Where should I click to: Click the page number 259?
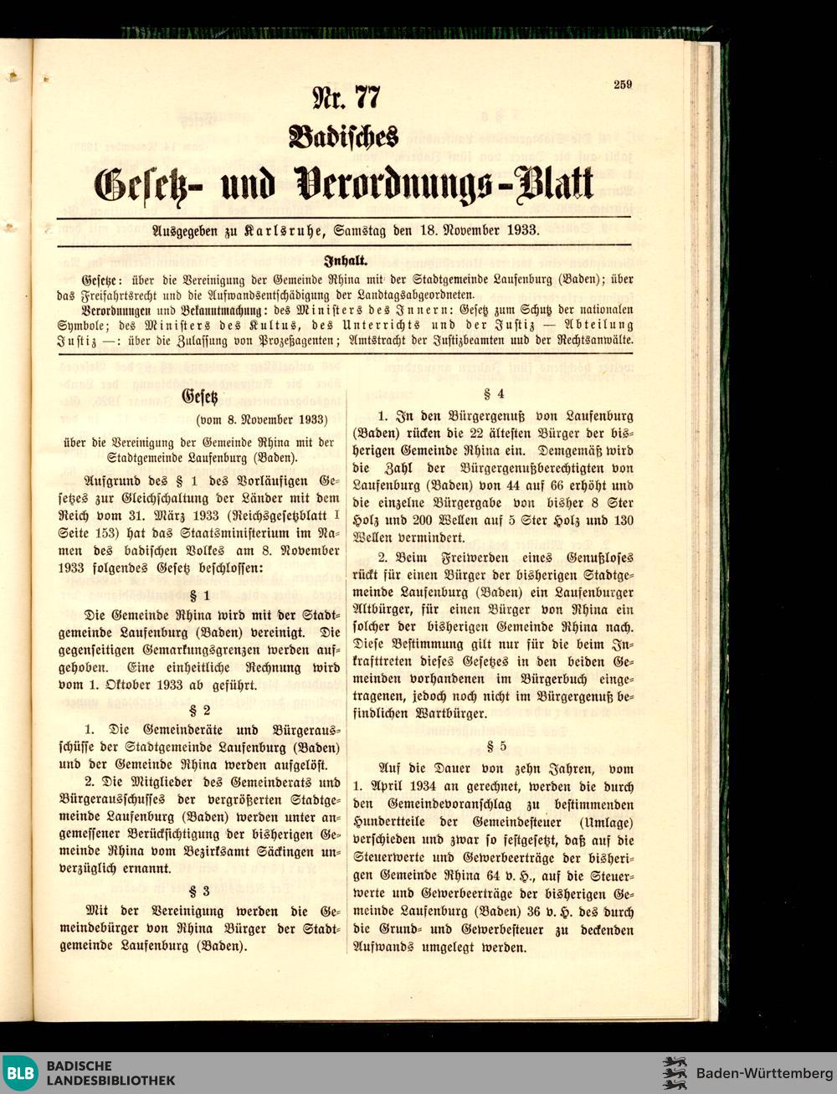coord(622,84)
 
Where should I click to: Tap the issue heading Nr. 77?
coord(346,98)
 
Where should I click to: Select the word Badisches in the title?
coord(343,136)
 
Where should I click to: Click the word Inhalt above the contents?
coord(344,261)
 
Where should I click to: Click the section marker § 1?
coord(200,596)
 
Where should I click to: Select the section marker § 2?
coord(200,710)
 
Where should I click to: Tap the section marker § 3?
coord(200,891)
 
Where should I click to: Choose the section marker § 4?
coord(490,393)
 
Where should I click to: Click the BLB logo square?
coord(20,1073)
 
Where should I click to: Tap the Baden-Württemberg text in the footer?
coord(764,1073)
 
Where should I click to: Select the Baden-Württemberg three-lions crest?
coord(674,1073)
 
